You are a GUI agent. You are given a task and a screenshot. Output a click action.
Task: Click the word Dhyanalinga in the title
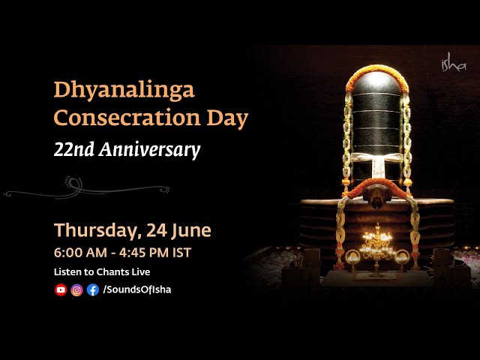124,91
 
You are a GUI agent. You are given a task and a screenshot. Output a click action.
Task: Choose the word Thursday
94,229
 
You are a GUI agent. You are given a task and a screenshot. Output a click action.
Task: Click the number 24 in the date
152,229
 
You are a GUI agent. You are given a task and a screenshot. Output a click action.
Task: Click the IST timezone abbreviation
181,252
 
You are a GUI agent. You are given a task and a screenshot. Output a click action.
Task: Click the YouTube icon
61,290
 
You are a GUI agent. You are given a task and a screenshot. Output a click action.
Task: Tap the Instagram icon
76,290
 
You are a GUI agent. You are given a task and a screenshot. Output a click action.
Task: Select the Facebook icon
92,290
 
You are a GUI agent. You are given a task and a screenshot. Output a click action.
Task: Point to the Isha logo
454,64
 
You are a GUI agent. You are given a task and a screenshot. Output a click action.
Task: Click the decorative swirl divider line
86,187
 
